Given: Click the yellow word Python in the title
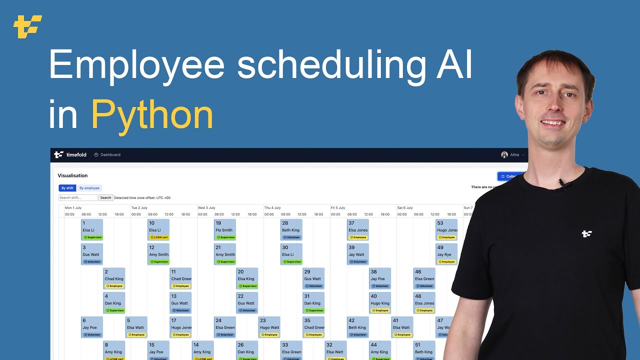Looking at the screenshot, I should (x=152, y=115).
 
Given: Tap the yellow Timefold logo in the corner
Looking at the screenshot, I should (x=27, y=26).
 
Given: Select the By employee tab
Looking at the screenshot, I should (x=89, y=188).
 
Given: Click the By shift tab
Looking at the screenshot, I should (x=67, y=188).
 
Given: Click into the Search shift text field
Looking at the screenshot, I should (x=78, y=197).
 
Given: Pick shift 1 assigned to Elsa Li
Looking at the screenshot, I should (x=92, y=230).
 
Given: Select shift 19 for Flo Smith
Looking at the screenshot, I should (x=225, y=230).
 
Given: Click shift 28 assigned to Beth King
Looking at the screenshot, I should (x=291, y=230).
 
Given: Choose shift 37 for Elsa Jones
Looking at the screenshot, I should (x=358, y=230).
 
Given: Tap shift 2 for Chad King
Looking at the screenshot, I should (x=114, y=278).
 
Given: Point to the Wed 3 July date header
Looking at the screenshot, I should (x=206, y=207).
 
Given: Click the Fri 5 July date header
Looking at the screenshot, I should (x=338, y=207).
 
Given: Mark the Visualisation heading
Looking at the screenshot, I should (x=72, y=175).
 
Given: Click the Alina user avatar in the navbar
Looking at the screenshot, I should (x=504, y=155).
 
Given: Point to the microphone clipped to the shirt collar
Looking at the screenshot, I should (x=563, y=184).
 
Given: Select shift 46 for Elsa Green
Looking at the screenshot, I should (x=424, y=278).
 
